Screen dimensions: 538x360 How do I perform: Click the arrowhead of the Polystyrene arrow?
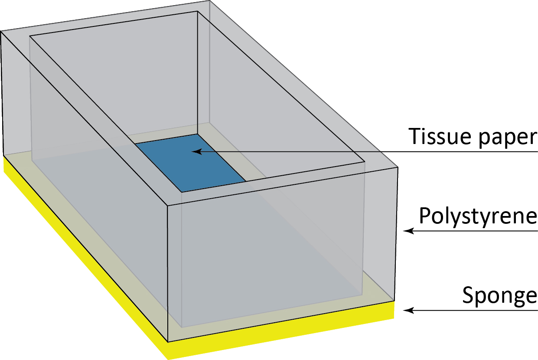tap(407, 231)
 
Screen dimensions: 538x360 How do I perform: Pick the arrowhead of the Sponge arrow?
tap(407, 311)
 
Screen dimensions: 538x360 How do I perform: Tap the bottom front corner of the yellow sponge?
tap(168, 359)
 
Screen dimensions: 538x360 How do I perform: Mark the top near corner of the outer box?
tap(167, 205)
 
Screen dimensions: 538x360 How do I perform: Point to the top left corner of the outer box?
tap(1, 31)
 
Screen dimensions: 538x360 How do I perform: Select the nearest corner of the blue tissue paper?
tap(181, 191)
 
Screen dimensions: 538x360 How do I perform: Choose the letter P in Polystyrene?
tap(424, 216)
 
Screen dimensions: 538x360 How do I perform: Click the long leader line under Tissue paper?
tap(368, 151)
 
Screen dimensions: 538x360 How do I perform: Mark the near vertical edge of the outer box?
tap(167, 273)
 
